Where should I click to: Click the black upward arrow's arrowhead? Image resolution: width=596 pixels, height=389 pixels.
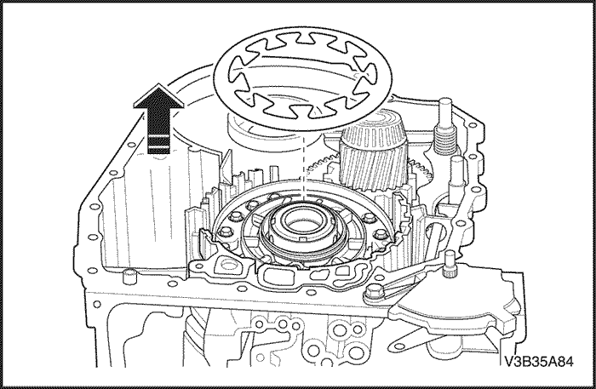pyautogui.click(x=159, y=97)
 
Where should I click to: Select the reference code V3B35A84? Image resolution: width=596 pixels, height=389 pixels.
pyautogui.click(x=539, y=361)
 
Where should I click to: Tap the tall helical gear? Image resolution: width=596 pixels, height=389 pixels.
pyautogui.click(x=373, y=152)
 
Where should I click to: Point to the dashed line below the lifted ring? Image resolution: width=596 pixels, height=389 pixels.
pyautogui.click(x=304, y=167)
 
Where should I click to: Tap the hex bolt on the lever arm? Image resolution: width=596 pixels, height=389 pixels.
pyautogui.click(x=372, y=293)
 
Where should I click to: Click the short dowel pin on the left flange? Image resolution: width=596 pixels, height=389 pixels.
pyautogui.click(x=129, y=276)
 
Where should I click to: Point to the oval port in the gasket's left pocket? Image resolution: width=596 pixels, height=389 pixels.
pyautogui.click(x=229, y=264)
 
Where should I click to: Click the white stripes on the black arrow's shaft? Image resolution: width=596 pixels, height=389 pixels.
pyautogui.click(x=158, y=140)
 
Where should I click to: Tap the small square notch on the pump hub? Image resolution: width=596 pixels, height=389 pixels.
pyautogui.click(x=304, y=239)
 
